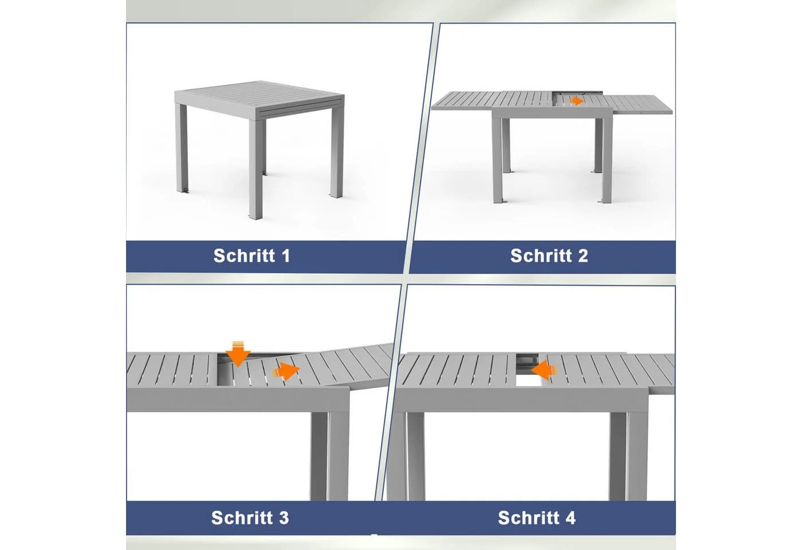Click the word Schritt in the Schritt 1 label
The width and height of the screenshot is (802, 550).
(244, 256)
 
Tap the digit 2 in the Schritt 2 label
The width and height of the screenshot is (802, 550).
(583, 256)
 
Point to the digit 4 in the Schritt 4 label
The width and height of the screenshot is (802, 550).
(569, 518)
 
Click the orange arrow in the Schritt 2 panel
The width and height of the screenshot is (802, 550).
(577, 101)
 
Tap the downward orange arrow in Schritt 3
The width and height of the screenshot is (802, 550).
(238, 354)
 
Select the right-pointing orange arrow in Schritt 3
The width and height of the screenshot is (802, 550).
(286, 371)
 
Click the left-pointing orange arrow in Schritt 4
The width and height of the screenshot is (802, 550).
(544, 370)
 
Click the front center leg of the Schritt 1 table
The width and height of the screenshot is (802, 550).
(255, 169)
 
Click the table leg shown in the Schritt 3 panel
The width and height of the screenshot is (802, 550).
(329, 455)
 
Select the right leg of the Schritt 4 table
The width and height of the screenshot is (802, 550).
(628, 456)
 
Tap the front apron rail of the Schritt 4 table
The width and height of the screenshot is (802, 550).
(521, 399)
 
